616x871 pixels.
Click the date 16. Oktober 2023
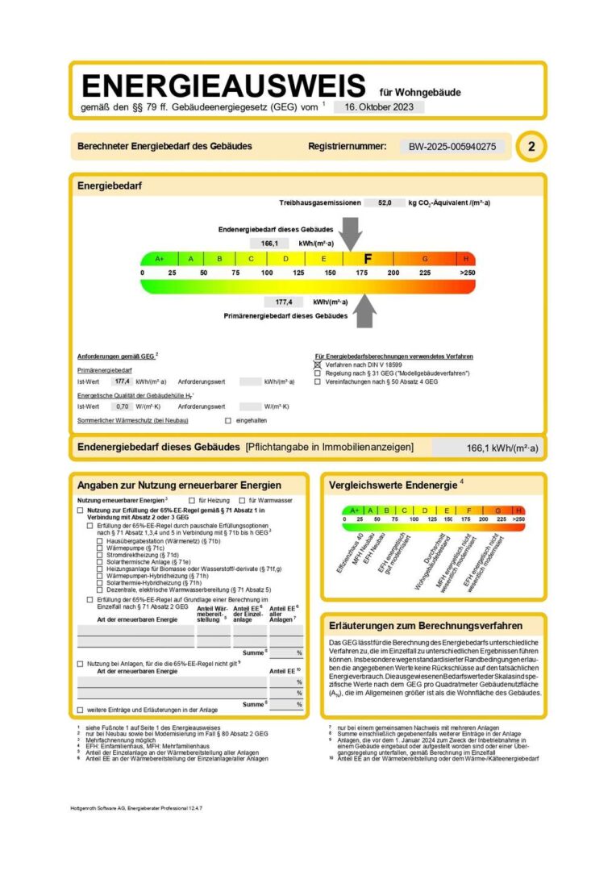click(377, 106)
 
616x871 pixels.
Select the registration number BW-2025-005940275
click(457, 147)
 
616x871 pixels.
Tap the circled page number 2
click(531, 147)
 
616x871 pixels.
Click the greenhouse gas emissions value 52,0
click(385, 203)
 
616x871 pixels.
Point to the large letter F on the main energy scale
click(368, 259)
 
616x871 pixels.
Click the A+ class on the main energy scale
click(160, 259)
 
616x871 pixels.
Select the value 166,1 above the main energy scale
click(269, 243)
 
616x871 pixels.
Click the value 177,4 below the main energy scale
click(284, 302)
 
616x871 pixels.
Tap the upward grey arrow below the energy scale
click(365, 310)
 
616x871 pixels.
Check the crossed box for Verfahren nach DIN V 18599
click(318, 365)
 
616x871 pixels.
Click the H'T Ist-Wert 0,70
click(123, 406)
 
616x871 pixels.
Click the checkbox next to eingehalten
click(228, 421)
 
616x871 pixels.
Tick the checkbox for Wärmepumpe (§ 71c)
click(100, 548)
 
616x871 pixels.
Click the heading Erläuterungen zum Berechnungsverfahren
click(426, 625)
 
